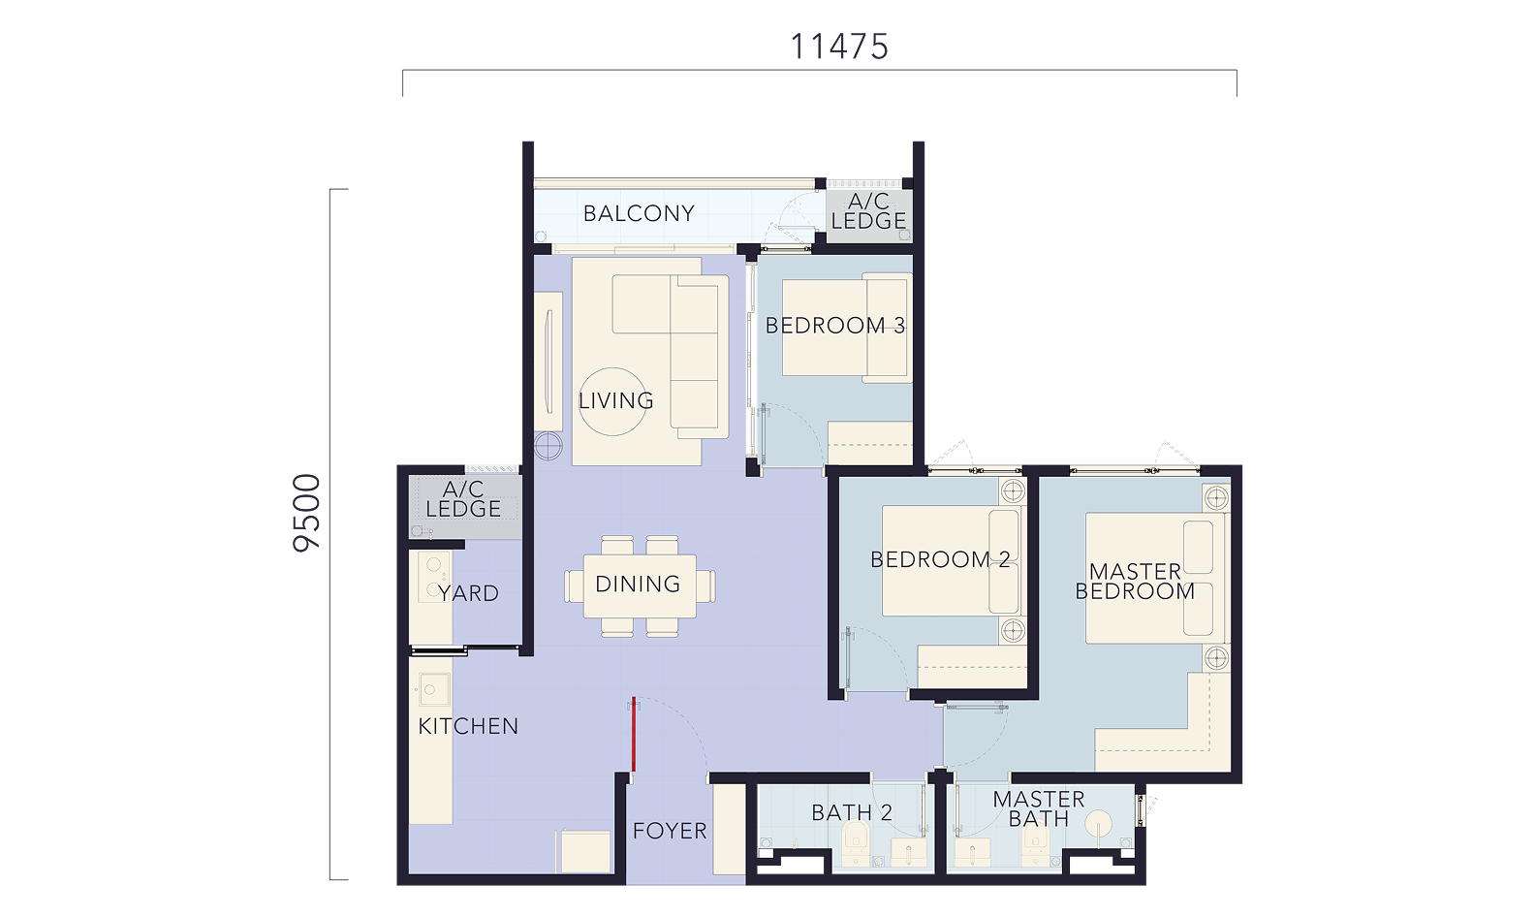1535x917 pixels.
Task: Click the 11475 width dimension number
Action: (839, 47)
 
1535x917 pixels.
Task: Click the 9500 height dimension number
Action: (306, 513)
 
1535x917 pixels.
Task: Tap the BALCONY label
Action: (639, 213)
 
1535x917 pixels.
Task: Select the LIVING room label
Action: (615, 400)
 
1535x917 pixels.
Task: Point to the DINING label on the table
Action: (638, 584)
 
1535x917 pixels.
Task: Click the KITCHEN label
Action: (468, 726)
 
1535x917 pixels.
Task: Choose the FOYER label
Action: (670, 831)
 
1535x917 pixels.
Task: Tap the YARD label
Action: (469, 593)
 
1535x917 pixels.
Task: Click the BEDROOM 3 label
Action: (834, 326)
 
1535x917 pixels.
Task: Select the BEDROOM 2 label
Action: (940, 560)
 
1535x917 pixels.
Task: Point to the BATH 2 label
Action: (852, 813)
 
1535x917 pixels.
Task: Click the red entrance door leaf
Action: (634, 734)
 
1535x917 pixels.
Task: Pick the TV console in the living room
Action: (548, 362)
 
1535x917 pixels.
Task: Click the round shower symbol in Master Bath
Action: (1100, 824)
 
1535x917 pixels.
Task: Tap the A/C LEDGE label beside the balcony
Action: (868, 211)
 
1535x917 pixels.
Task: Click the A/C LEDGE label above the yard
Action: (463, 499)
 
